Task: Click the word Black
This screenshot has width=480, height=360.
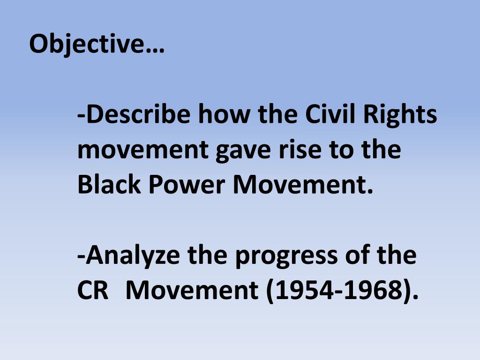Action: click(x=109, y=185)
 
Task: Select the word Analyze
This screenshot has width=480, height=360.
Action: click(x=130, y=256)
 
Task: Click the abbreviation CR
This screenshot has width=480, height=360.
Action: click(x=93, y=291)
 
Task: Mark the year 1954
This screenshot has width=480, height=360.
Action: click(x=300, y=291)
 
